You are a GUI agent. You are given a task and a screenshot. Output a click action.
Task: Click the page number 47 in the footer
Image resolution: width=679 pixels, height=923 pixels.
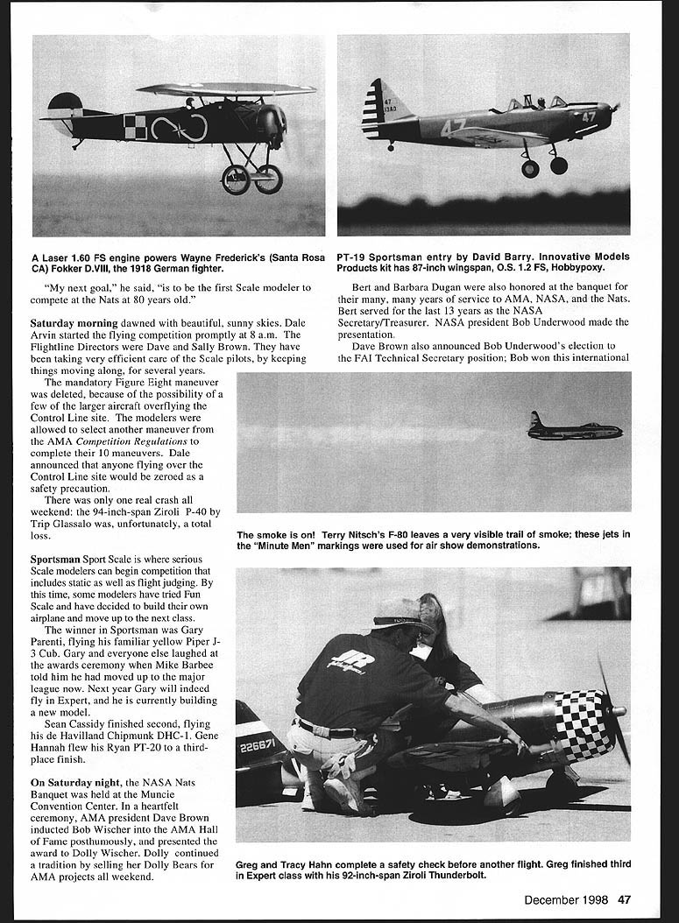[x=624, y=898]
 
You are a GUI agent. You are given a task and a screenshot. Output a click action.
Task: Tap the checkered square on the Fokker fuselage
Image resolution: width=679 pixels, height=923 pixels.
[x=135, y=127]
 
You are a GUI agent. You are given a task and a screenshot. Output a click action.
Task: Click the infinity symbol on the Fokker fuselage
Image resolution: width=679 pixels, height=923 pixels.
[x=180, y=128]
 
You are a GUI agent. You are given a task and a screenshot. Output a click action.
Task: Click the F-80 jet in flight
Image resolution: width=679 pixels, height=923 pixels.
[x=574, y=428]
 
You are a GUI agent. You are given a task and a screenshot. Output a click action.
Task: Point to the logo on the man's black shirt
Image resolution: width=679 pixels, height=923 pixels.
[x=351, y=662]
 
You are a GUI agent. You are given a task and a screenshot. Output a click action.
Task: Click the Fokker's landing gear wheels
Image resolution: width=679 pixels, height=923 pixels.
[x=251, y=179]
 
